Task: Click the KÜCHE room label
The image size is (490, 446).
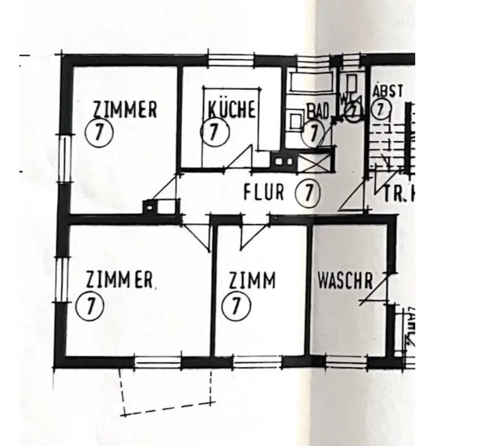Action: click(229, 109)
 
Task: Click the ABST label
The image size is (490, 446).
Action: click(388, 91)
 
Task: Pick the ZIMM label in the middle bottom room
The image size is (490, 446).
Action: click(252, 281)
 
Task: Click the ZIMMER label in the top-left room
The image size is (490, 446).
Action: click(125, 109)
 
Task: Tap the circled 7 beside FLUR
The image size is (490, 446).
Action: click(308, 192)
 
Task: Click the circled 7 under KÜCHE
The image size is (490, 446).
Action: click(215, 133)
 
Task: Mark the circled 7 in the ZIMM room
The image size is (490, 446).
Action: click(236, 306)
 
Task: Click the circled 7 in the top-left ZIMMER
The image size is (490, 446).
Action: click(99, 133)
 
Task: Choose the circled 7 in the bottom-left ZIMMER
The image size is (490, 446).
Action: click(91, 306)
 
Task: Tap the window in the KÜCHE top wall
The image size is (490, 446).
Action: click(231, 60)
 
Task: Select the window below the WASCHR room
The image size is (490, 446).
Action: click(346, 362)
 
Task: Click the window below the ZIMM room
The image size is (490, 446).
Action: click(257, 362)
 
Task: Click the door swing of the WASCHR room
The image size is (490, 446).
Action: click(375, 291)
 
